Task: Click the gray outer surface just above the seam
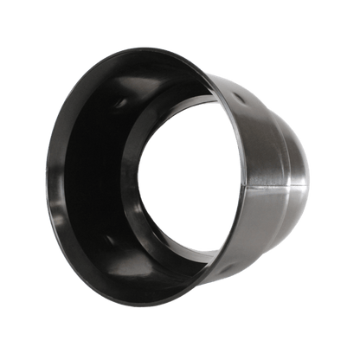pyautogui.click(x=277, y=173)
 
